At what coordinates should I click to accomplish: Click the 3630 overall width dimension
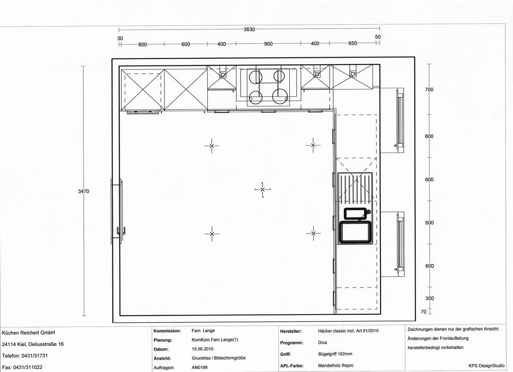(x=249, y=30)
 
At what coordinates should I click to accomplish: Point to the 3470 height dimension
(x=83, y=192)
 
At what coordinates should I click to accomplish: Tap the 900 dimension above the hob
(x=268, y=44)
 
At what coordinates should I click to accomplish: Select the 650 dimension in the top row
(x=353, y=44)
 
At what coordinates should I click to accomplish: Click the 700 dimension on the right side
(x=429, y=89)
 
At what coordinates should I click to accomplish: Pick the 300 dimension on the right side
(x=429, y=298)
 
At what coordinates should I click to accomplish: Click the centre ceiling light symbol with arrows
(x=262, y=189)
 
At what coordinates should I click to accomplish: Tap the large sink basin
(x=354, y=232)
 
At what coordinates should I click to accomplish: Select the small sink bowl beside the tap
(x=356, y=213)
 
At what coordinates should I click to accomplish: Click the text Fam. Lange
(x=203, y=331)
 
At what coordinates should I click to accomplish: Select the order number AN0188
(x=199, y=367)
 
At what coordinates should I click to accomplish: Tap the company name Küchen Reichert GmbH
(x=29, y=333)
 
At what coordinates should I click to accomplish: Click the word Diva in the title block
(x=323, y=342)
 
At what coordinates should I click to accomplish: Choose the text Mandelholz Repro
(x=336, y=366)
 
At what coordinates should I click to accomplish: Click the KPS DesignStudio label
(x=486, y=365)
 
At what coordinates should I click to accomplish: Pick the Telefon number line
(x=24, y=356)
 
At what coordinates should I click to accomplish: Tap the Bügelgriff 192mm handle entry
(x=335, y=354)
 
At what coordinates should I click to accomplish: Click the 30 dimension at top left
(x=120, y=38)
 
